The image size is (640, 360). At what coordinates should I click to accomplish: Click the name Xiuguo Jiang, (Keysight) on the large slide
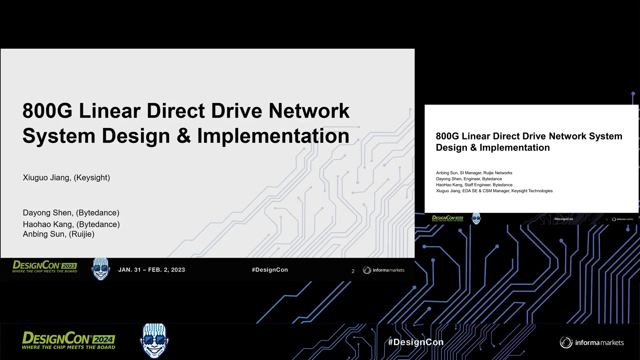pos(66,178)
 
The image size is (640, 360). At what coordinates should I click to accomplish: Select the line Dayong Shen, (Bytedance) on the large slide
pos(71,213)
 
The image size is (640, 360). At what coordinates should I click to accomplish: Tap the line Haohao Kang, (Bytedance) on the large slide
pos(71,224)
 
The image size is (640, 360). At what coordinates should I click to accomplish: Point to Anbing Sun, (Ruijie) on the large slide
pos(59,234)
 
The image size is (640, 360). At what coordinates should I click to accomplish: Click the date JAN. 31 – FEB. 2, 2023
pos(151,270)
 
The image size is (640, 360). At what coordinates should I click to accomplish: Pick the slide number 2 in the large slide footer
pos(353,271)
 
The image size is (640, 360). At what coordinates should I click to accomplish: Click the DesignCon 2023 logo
pos(45,267)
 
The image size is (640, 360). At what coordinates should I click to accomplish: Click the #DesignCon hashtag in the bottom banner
pos(416,342)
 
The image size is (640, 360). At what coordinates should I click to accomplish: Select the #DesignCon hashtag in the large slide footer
pos(270,270)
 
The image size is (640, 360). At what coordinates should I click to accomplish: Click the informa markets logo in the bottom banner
pos(592,342)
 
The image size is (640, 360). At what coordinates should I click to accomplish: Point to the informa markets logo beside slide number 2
pos(384,270)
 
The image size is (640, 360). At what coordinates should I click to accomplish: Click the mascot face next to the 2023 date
pos(101,269)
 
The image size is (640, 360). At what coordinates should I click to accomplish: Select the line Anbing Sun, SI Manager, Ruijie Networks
pos(474,173)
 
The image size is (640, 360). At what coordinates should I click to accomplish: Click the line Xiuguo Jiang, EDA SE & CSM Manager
pos(494,191)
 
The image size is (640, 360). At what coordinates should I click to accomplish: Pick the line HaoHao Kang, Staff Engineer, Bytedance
pos(474,185)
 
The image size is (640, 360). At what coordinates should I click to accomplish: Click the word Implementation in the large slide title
pos(273,136)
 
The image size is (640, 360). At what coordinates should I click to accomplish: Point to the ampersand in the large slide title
pos(184,136)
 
